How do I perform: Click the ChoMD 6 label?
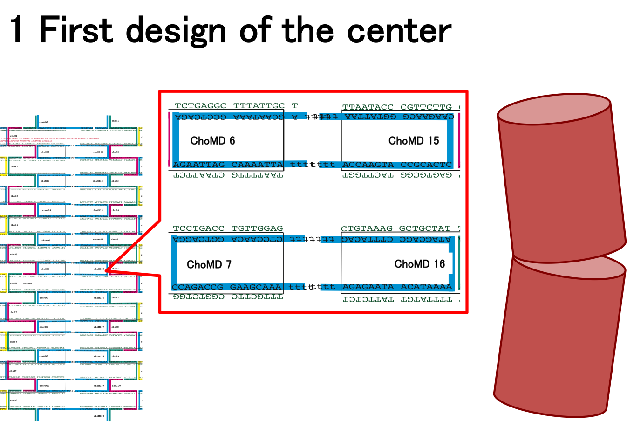point(212,140)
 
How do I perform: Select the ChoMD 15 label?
point(414,140)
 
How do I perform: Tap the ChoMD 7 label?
point(209,264)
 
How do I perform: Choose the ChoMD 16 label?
point(420,264)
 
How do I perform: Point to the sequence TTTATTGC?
point(259,106)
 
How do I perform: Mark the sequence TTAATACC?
point(368,107)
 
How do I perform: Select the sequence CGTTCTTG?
point(426,107)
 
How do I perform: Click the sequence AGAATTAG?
point(199,165)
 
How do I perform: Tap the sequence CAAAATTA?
point(257,165)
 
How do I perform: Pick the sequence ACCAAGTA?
point(368,165)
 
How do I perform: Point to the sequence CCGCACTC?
point(426,165)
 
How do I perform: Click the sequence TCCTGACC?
point(199,228)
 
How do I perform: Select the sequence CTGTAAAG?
point(367,228)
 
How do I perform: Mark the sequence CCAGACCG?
point(198,287)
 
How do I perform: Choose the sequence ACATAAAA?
point(426,287)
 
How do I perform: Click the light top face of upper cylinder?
point(554,109)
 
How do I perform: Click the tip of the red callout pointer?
point(105,270)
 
